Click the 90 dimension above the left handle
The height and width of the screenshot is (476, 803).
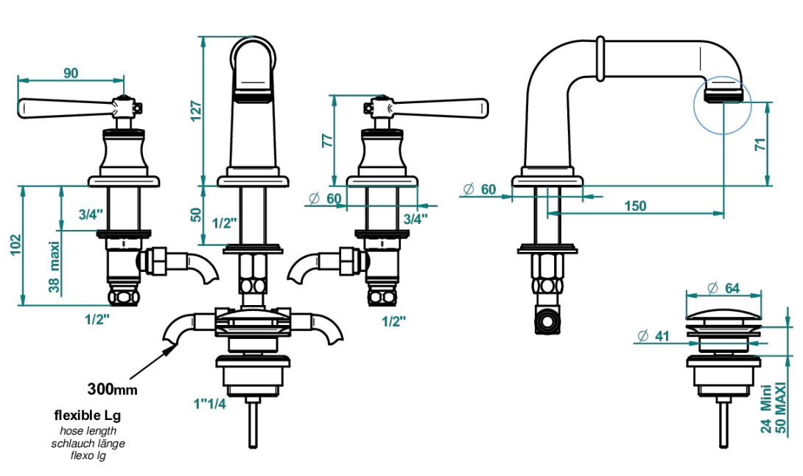point(71,73)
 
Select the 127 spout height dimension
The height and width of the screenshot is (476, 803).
point(196,112)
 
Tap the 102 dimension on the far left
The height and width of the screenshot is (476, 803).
point(16,245)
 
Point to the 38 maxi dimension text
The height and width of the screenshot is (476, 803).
point(55,267)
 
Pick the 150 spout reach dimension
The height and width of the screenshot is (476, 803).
point(635,206)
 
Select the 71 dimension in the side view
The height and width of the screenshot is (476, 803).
point(761,144)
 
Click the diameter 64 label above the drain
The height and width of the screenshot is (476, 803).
point(723,288)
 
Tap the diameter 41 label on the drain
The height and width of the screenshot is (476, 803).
point(653,336)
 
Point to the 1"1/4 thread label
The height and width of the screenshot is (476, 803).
point(209,404)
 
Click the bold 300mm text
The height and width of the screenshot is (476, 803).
point(112,389)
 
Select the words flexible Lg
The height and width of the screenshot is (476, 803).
point(88,415)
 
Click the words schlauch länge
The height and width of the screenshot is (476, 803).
point(88,444)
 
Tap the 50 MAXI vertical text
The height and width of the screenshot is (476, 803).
point(780,408)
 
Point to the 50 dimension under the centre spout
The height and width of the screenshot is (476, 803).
point(196,215)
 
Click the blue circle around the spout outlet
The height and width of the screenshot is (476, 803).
point(694,105)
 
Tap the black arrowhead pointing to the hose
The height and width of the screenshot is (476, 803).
point(169,350)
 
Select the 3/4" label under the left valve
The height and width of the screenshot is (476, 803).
point(91,214)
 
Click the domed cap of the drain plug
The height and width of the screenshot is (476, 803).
point(723,314)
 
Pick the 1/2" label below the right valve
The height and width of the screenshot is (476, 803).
point(394,321)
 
